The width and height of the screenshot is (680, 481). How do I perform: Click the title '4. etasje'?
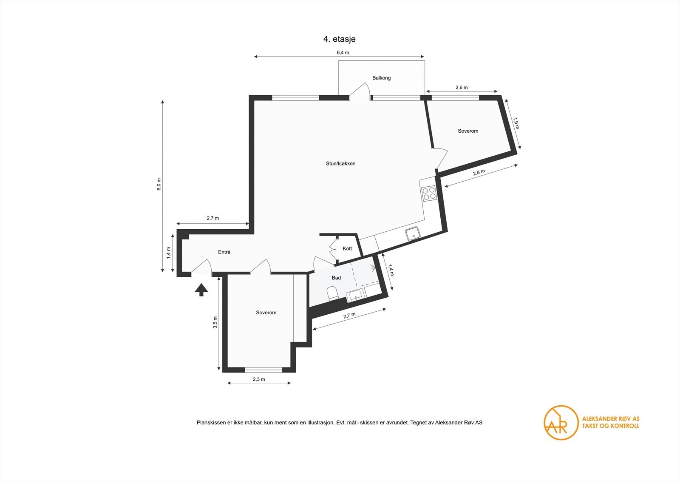[339, 39]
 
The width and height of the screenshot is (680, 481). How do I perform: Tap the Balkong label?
[381, 78]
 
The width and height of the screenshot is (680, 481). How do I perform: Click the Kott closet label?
[347, 248]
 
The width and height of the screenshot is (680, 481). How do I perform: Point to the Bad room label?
[336, 278]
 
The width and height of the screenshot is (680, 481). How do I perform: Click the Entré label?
[224, 252]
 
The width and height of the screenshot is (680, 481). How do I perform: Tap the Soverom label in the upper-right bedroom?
[468, 131]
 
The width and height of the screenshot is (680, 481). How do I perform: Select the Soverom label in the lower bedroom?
[266, 313]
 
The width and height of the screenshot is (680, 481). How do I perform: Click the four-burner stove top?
[429, 194]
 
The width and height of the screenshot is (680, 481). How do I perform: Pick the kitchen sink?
[413, 234]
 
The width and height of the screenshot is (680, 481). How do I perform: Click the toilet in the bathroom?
[332, 293]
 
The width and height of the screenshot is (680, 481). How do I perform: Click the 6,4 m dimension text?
[343, 53]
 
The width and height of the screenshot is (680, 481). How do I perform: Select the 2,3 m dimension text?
[259, 379]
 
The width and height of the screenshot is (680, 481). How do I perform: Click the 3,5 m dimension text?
[215, 322]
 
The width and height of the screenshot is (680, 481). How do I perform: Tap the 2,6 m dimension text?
[462, 88]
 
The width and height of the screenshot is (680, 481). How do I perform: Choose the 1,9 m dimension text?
[516, 123]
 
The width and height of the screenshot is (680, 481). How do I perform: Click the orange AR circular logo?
[561, 423]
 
